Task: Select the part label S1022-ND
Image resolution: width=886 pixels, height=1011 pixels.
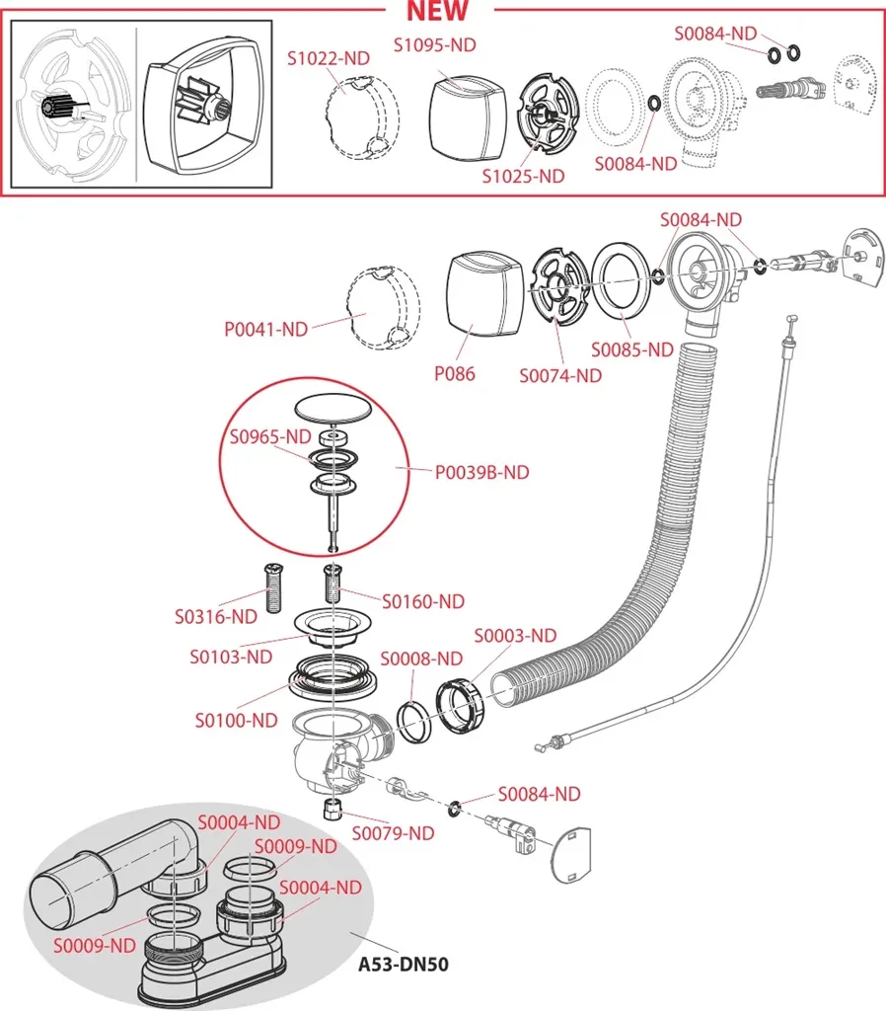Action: tap(329, 58)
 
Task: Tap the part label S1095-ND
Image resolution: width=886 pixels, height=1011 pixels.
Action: tap(434, 44)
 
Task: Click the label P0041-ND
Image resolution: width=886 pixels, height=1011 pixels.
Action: tap(266, 330)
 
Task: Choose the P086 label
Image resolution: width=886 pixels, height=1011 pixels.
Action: tap(454, 373)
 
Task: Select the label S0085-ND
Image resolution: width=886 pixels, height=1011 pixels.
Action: tap(631, 350)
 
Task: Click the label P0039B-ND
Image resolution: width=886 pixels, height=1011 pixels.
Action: tap(481, 472)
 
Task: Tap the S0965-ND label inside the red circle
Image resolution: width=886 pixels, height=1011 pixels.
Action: tap(270, 435)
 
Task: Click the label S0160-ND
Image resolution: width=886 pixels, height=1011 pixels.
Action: tap(423, 600)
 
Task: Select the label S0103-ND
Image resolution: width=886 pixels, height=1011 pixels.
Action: tap(231, 656)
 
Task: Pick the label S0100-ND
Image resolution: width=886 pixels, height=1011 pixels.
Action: tap(236, 720)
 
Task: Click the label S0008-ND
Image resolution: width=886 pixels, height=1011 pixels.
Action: tap(420, 658)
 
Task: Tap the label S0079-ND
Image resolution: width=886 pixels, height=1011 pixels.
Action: tap(393, 833)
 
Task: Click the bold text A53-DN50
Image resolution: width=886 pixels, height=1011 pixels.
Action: tap(403, 963)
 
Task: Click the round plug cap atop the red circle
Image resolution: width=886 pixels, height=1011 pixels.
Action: tap(335, 407)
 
